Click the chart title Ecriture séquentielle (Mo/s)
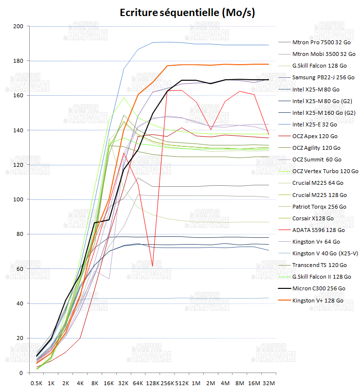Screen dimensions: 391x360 pos(187,13)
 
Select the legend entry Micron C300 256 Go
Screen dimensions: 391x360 pos(319,289)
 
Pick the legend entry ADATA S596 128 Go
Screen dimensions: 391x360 pos(319,230)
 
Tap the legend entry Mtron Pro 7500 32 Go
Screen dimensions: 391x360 pos(323,42)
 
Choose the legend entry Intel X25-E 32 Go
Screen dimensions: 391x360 pos(315,124)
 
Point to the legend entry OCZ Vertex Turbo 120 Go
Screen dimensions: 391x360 pos(325,171)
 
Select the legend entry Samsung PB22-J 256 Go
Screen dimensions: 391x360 pos(323,77)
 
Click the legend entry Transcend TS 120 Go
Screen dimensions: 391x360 pos(320,265)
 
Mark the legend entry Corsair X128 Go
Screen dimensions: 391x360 pos(313,218)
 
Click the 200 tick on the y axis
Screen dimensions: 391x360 pos(19,26)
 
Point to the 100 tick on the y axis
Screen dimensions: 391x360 pos(19,199)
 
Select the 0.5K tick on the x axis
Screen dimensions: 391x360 pos(36,383)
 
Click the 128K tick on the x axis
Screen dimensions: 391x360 pos(153,383)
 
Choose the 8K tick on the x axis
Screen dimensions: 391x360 pos(95,383)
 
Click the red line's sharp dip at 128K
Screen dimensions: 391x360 pos(153,266)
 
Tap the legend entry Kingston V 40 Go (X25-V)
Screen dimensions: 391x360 pos(324,253)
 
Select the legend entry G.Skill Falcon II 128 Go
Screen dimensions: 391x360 pos(323,277)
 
